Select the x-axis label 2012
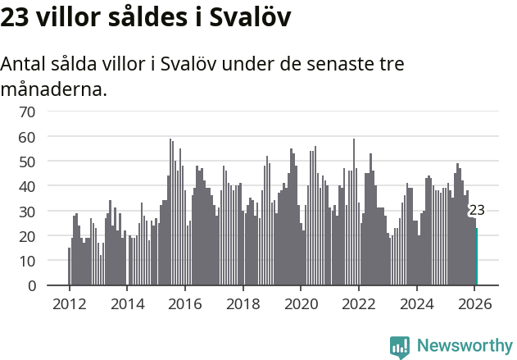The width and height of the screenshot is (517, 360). point(69,303)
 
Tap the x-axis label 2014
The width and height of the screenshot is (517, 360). point(127,303)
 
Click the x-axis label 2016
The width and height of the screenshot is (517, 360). point(185,303)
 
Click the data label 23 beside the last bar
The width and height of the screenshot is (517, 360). point(477,211)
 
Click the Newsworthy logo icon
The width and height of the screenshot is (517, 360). point(400,347)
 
